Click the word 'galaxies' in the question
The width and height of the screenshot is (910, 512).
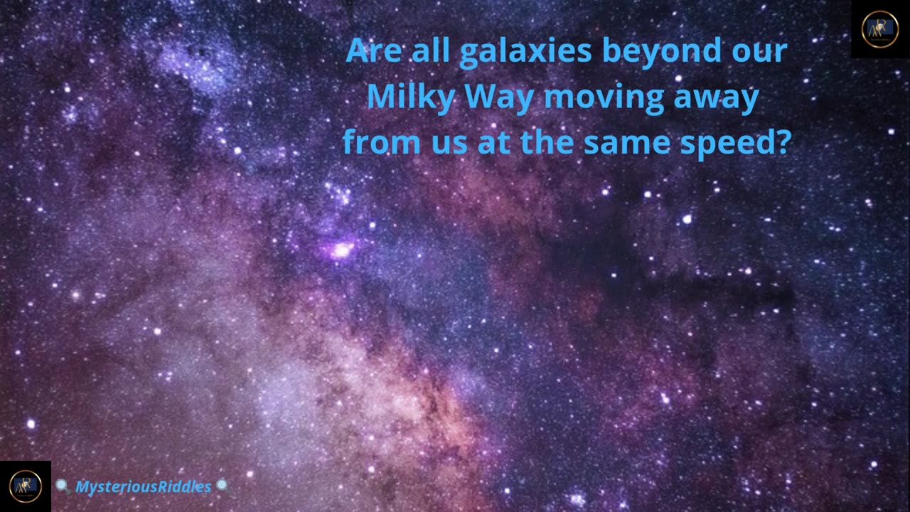525,52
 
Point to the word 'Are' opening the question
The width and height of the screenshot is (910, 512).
373,50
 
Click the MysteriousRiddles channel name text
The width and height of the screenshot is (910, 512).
144,487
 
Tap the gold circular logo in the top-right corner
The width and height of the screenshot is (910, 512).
880,29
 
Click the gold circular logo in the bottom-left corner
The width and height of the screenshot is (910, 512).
26,486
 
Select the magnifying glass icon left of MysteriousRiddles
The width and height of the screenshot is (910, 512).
63,486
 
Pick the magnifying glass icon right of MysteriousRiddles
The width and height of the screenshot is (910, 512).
223,486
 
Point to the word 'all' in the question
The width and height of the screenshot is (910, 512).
431,50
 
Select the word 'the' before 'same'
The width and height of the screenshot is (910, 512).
547,142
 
